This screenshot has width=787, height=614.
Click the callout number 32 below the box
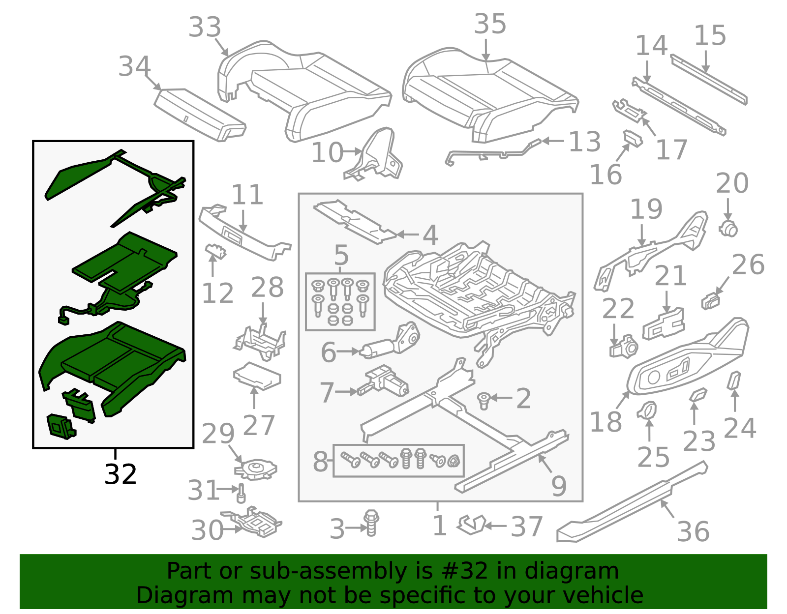click(x=121, y=475)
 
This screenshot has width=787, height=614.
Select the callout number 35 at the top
click(x=490, y=24)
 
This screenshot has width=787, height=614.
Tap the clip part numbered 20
click(x=728, y=229)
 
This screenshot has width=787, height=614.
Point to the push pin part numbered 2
click(x=484, y=400)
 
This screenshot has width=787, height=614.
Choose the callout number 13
click(x=584, y=142)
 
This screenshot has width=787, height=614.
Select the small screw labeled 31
click(x=241, y=493)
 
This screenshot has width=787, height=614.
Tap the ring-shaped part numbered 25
click(x=647, y=410)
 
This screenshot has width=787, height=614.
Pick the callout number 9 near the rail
click(x=559, y=486)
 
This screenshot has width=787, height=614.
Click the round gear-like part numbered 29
click(x=256, y=468)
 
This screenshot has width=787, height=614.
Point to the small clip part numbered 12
click(x=215, y=251)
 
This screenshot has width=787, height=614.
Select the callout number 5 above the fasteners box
click(x=341, y=255)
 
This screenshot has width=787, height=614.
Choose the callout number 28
click(x=267, y=288)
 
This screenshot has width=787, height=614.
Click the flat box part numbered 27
click(x=257, y=376)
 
